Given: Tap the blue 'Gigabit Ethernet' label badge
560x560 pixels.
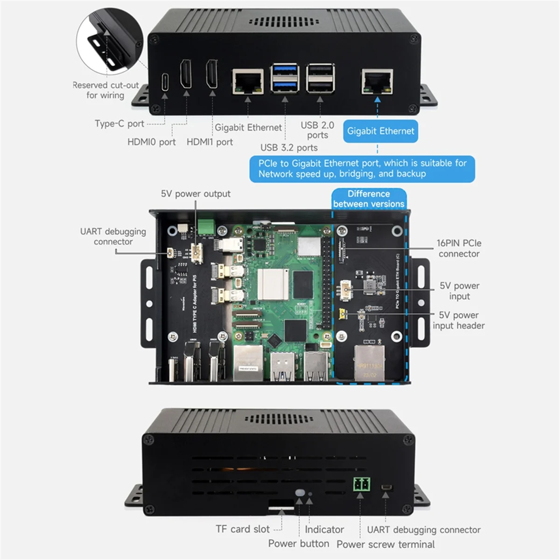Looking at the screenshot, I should (380, 131).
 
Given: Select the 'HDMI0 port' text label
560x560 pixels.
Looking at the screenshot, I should (152, 142).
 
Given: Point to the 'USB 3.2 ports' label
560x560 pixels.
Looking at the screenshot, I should (289, 147).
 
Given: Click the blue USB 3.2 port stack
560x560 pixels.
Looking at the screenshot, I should (284, 79).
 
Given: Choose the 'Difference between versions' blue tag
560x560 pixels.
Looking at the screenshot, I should (369, 199).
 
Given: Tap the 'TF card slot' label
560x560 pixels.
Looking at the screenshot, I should (243, 529).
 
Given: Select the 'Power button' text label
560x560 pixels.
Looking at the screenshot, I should (299, 544).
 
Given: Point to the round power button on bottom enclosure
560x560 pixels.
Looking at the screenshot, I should (300, 493).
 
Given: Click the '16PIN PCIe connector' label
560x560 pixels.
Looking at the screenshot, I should (459, 248).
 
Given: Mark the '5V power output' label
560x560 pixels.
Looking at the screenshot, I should (196, 194).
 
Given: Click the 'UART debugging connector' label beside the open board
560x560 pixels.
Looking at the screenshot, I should (113, 237).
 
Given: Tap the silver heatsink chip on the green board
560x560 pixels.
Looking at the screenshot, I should (271, 284).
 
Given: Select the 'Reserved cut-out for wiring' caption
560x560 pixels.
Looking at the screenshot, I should (105, 90).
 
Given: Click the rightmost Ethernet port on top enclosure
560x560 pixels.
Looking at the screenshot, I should (377, 81).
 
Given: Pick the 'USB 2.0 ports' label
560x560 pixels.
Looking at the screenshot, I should (317, 130).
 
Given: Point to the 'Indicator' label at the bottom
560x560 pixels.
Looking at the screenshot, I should (324, 530).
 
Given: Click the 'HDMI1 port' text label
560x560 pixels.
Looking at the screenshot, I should (210, 142).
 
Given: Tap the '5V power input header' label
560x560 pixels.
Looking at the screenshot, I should (459, 320).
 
